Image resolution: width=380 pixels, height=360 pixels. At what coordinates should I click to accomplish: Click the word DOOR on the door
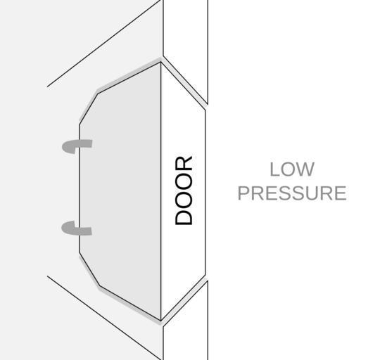coord(184,191)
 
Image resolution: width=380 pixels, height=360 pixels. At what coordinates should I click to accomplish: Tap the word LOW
coord(292,169)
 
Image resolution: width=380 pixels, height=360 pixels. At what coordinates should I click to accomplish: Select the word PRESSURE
coord(292,193)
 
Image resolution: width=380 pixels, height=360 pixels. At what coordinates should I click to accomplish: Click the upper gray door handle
coord(77,146)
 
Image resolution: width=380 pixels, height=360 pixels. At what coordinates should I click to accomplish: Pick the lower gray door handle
coord(76,229)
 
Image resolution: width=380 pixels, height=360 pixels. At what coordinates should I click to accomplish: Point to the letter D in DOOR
coord(184,217)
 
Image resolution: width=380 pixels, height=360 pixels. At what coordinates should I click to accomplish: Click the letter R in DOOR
coord(184,163)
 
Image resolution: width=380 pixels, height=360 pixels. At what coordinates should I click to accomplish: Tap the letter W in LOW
coord(305,169)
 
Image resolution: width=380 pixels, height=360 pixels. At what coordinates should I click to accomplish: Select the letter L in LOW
coord(274,169)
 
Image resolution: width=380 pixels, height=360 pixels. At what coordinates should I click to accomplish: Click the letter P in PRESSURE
coord(243,193)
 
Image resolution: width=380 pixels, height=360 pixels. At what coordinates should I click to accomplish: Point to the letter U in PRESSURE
coord(319,193)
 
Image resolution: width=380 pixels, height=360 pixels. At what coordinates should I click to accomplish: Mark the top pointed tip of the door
coord(160,62)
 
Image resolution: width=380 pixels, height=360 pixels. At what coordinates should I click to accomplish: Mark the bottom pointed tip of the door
coord(161,321)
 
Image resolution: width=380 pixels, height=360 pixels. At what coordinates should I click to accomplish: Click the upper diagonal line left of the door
coord(103,44)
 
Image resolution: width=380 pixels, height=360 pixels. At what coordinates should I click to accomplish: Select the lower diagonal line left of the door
coord(104,318)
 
